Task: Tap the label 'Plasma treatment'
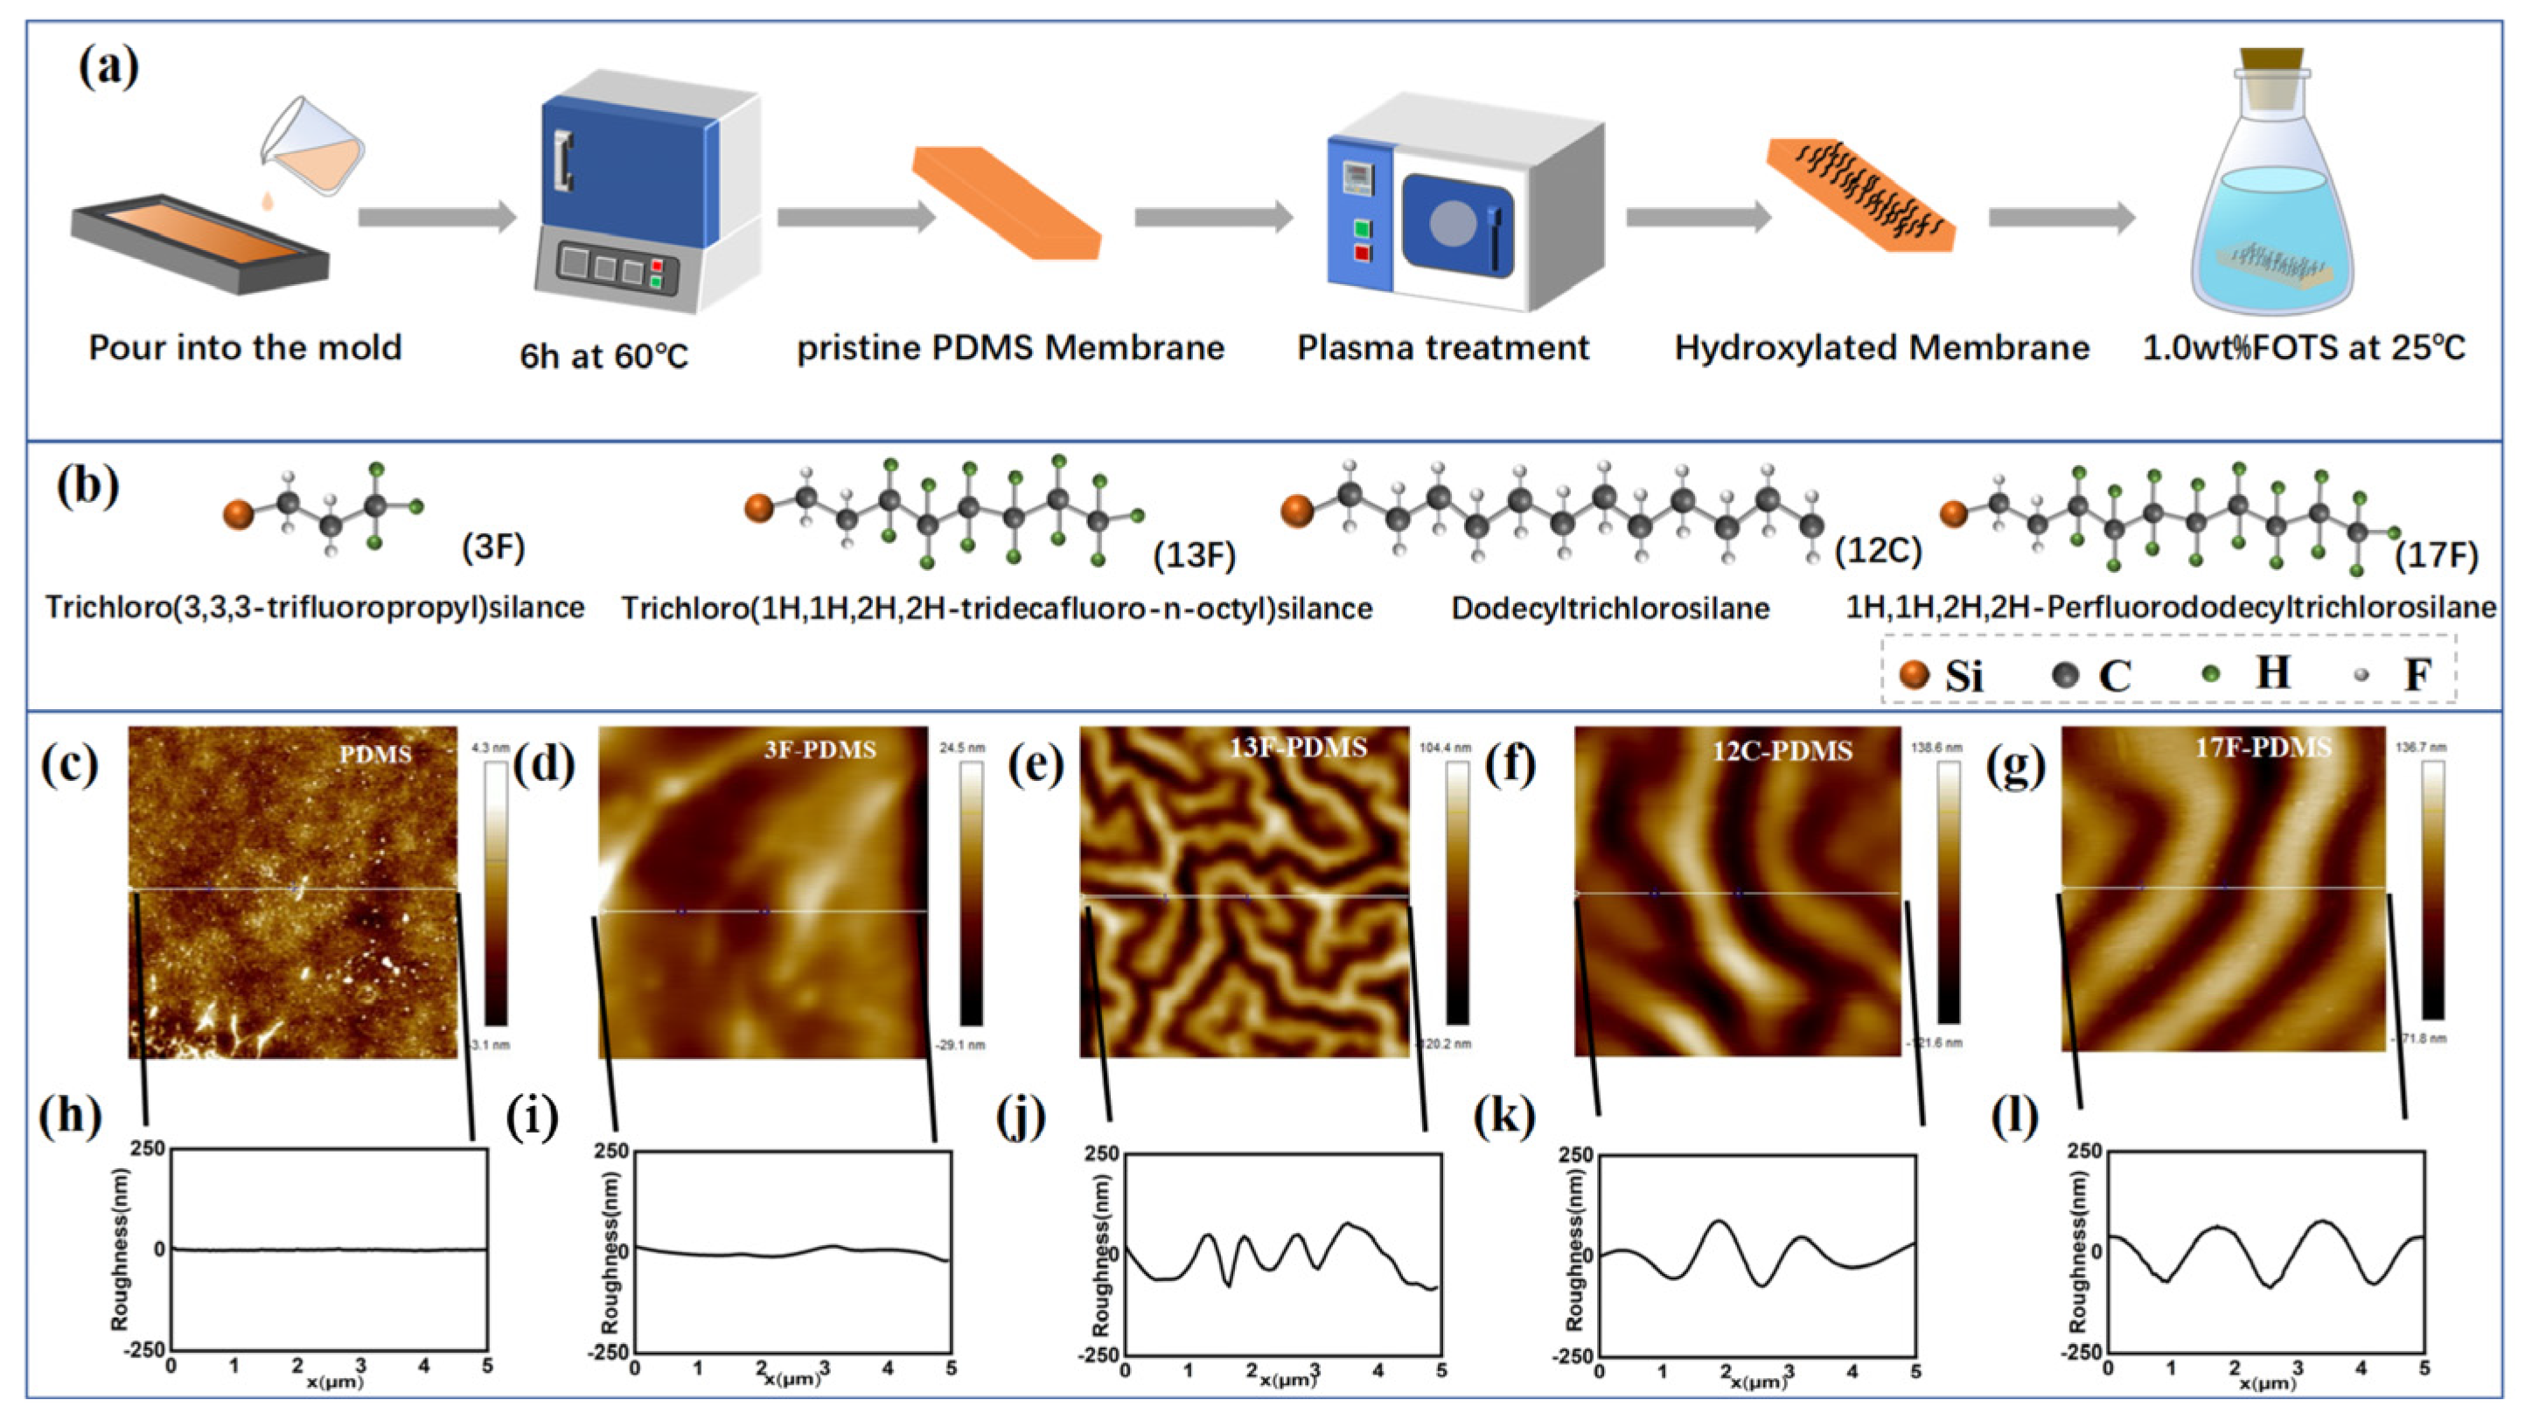click(x=1443, y=348)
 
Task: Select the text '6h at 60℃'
click(x=603, y=356)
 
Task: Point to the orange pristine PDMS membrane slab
click(x=1007, y=203)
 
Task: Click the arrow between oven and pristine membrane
click(x=855, y=217)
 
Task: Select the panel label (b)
click(x=87, y=485)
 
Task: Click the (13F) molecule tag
click(x=1194, y=555)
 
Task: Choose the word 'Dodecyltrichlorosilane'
click(x=1609, y=609)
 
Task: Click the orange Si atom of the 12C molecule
click(x=1298, y=511)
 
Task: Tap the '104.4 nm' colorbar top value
click(x=1444, y=748)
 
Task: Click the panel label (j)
click(x=1021, y=1118)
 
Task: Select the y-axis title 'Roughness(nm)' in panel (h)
click(x=120, y=1250)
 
